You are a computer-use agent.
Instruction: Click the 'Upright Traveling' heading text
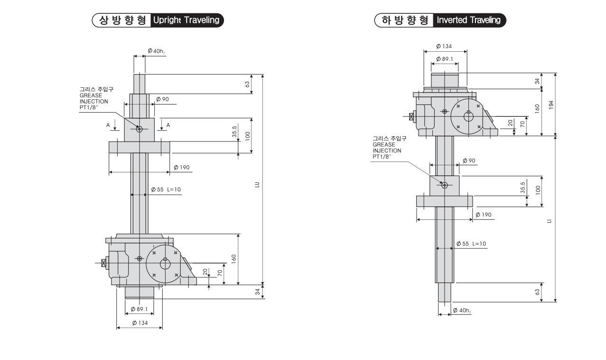tap(186, 20)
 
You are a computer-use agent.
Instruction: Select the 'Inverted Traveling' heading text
tap(469, 20)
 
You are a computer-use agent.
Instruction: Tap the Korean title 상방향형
tap(123, 20)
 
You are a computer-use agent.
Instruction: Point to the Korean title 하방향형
tap(404, 20)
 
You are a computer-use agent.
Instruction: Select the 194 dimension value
tap(550, 104)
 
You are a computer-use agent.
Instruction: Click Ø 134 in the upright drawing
tap(140, 322)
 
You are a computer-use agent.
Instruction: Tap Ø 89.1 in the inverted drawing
tap(445, 59)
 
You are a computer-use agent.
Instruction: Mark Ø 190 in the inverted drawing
tap(484, 215)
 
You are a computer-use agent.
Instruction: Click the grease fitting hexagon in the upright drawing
tap(139, 129)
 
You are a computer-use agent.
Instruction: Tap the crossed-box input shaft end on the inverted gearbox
tap(411, 115)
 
